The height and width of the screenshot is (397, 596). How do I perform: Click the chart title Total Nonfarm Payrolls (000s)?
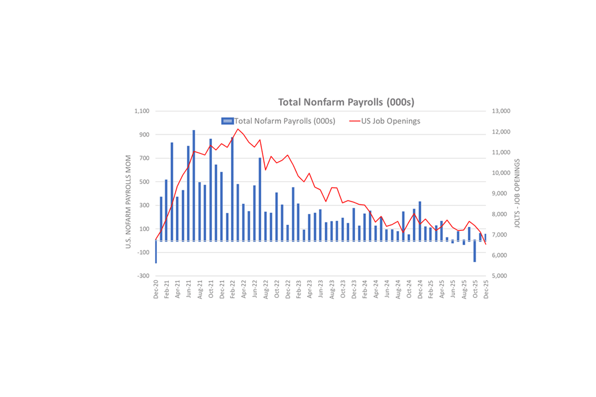[346, 102]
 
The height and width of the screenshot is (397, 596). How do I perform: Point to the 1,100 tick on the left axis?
[142, 111]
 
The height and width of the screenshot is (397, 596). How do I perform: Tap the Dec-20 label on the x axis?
[156, 289]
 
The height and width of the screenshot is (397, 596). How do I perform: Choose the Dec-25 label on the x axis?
[486, 289]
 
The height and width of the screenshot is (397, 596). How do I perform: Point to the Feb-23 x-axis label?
[299, 289]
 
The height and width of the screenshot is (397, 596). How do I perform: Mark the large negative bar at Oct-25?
[475, 251]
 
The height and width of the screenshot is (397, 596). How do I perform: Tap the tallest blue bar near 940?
[194, 184]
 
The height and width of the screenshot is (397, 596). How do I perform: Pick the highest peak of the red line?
[238, 129]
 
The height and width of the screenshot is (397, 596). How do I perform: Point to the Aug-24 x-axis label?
[398, 289]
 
